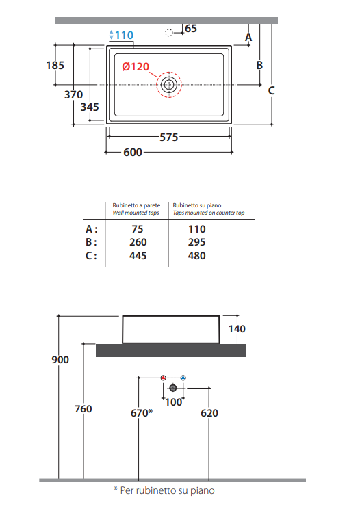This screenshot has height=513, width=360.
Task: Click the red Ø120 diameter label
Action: tap(136, 67)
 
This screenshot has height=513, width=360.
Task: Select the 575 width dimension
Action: tap(169, 137)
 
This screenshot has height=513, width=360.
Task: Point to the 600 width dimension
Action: tap(133, 152)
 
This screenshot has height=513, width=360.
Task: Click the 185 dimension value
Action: tap(55, 65)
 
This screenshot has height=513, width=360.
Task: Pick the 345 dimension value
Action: tap(90, 107)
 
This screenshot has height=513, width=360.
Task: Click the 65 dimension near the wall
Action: tap(191, 29)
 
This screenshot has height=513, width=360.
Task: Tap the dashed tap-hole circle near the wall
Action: tap(169, 33)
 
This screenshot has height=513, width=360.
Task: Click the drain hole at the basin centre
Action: tap(169, 85)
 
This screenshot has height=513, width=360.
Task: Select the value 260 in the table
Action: tap(138, 242)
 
